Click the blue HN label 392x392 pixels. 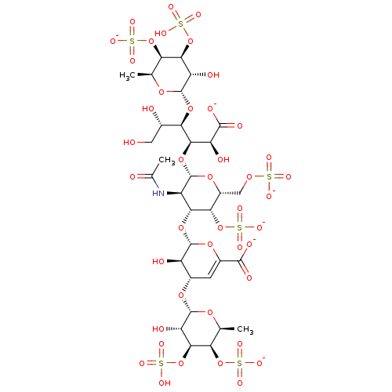[x=158, y=193]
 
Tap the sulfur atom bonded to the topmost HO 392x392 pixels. [x=181, y=24]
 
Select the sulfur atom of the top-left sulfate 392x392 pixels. [x=132, y=41]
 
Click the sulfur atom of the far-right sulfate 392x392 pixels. [x=269, y=177]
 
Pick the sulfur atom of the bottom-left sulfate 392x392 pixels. [x=162, y=363]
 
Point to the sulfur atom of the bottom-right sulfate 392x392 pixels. [x=240, y=363]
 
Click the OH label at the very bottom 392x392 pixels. [x=165, y=383]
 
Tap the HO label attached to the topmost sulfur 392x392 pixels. [x=161, y=34]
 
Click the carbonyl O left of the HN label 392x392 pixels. [x=132, y=177]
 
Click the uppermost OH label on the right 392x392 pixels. [x=213, y=75]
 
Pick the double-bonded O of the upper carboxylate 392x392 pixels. [x=240, y=125]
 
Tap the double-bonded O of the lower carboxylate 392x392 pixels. [x=249, y=278]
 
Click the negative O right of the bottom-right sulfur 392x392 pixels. [x=260, y=363]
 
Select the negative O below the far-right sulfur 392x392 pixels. [x=269, y=196]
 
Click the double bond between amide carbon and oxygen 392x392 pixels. [x=140, y=177]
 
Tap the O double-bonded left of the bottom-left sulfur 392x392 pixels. [x=142, y=363]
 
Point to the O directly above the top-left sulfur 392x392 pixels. [x=132, y=22]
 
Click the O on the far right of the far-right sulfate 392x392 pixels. [x=289, y=177]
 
